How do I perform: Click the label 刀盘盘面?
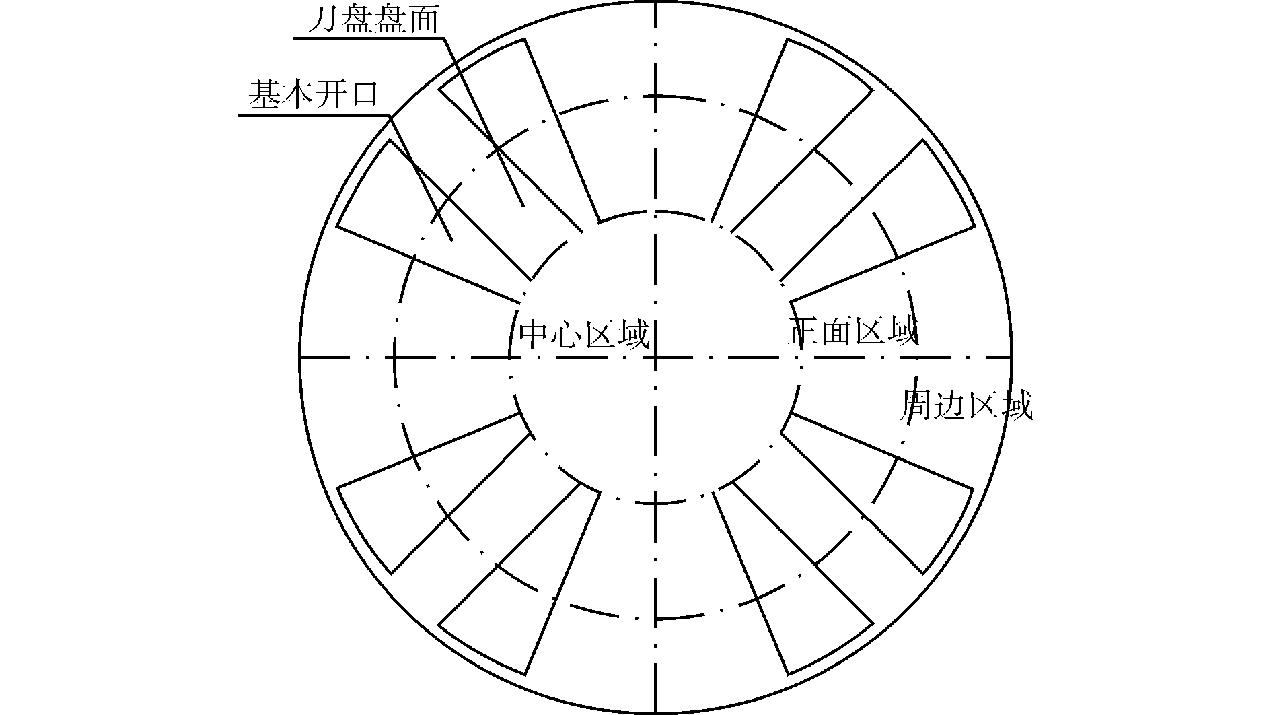(372, 21)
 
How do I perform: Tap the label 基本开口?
(314, 96)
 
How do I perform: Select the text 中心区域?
(585, 335)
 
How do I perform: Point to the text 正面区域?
(852, 331)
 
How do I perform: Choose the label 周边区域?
(966, 406)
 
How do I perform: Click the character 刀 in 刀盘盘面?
(322, 21)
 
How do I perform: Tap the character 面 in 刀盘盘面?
(422, 21)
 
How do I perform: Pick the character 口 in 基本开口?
(364, 96)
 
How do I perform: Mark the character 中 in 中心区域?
(535, 335)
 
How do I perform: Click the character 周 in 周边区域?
(916, 406)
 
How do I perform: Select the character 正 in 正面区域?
(803, 331)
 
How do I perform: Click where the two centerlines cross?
(655, 357)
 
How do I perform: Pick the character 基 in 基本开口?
(264, 96)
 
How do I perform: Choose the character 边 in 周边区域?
(949, 406)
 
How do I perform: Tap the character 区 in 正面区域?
(869, 331)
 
